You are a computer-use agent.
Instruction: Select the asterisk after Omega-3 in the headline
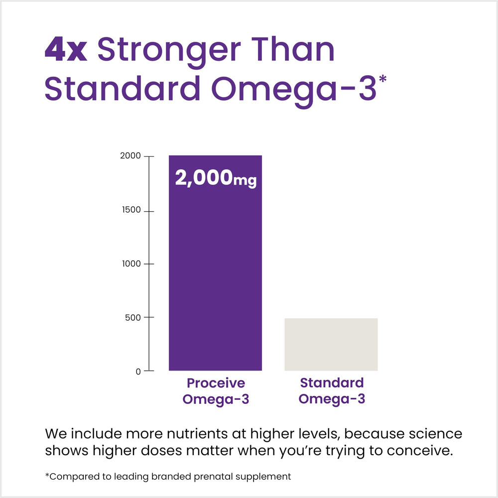tap(382, 80)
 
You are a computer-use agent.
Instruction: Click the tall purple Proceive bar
tap(215, 279)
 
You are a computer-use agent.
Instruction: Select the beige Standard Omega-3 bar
tap(331, 344)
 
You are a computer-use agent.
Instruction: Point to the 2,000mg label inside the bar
tap(215, 178)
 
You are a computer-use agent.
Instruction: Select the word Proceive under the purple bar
tap(216, 383)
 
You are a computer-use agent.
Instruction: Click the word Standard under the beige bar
tap(332, 383)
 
